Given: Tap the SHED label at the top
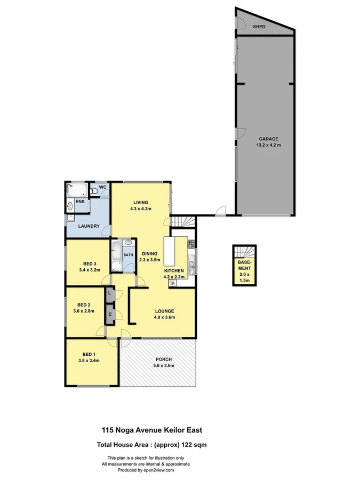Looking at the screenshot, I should (259, 26).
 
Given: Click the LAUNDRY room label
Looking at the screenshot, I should (90, 226).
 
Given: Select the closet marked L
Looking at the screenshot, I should (109, 293).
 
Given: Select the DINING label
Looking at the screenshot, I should (149, 253).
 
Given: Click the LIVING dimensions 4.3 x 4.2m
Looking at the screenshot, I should (141, 209).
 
